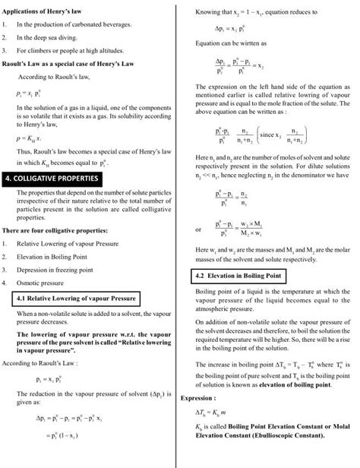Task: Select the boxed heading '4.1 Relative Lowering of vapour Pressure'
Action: (76, 299)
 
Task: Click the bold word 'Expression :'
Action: (199, 397)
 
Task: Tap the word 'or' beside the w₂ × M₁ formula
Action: (198, 229)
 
